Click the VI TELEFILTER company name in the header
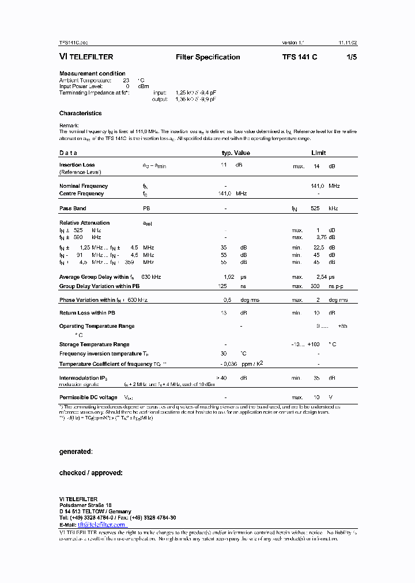[86, 57]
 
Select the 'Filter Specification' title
[207, 57]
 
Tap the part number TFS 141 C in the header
[299, 57]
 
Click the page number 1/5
[350, 57]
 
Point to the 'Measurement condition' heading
[92, 73]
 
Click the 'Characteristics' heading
[80, 113]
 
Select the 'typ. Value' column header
[236, 153]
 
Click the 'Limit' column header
[318, 153]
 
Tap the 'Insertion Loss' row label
[77, 165]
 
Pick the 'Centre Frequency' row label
[81, 194]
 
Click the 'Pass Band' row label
[73, 208]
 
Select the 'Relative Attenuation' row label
[84, 222]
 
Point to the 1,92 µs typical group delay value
[228, 277]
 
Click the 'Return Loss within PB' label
[87, 313]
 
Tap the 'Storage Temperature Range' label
[94, 344]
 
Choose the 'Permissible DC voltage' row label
[88, 397]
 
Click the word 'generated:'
[76, 452]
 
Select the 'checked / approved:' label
[90, 473]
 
